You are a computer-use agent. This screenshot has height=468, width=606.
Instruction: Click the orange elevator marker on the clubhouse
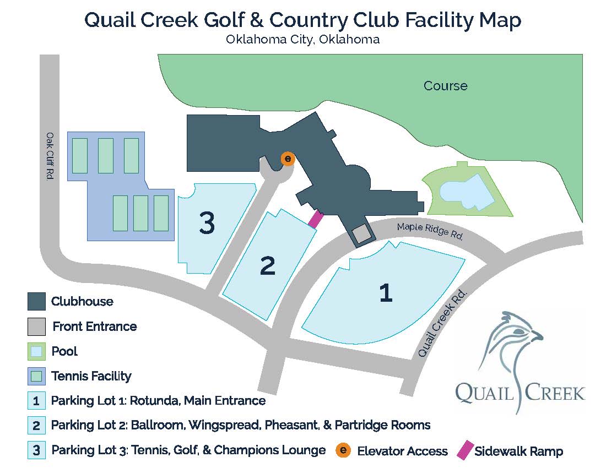288,159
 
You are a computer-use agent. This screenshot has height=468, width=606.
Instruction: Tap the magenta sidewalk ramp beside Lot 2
315,219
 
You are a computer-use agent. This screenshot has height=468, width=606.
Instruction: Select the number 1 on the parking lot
386,292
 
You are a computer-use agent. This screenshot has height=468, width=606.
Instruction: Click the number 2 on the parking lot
267,266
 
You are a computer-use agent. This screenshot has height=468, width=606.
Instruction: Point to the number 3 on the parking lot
207,224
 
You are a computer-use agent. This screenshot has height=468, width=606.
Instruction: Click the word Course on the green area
445,86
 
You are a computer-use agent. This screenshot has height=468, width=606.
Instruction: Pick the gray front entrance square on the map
361,234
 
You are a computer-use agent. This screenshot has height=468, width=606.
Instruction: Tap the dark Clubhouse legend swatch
36,301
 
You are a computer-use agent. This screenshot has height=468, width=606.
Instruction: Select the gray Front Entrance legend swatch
36,326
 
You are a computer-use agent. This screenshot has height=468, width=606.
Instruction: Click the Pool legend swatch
36,351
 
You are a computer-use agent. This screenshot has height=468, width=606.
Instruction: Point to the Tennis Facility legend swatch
36,377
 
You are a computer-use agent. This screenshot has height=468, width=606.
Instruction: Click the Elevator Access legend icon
343,450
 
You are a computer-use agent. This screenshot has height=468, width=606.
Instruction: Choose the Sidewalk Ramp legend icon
464,450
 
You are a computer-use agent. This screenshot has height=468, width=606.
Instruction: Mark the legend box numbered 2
36,426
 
